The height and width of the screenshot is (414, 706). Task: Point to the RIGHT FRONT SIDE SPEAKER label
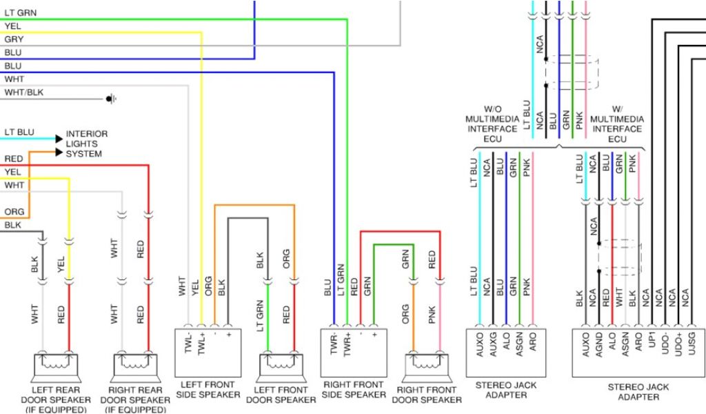point(354,389)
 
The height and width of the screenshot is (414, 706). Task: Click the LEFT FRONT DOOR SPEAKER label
point(281,395)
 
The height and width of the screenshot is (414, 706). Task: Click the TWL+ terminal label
point(201,345)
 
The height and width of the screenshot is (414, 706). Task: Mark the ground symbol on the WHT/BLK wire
point(110,99)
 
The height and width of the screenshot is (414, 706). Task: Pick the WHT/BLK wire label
point(26,92)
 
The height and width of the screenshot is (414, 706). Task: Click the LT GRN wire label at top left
point(21,13)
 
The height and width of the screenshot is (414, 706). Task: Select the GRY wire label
point(14,39)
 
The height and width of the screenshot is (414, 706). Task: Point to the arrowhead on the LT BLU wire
point(58,139)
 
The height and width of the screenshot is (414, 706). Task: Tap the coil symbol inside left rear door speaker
point(56,359)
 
